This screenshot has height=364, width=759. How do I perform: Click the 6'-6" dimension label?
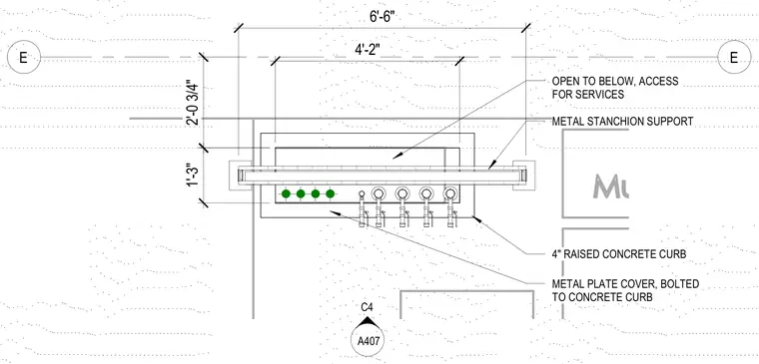(382, 17)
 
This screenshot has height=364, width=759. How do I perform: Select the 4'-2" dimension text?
(368, 49)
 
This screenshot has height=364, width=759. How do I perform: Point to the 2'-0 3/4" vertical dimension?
(193, 103)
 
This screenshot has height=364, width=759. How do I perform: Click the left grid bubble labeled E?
(23, 58)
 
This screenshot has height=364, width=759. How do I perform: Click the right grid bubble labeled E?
(734, 58)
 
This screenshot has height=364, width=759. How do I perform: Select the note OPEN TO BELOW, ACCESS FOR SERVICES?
(615, 88)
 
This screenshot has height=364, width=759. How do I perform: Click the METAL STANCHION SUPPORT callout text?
(622, 122)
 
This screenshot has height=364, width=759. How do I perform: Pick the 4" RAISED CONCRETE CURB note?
(618, 254)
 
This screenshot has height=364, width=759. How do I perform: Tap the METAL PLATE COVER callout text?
(625, 290)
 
